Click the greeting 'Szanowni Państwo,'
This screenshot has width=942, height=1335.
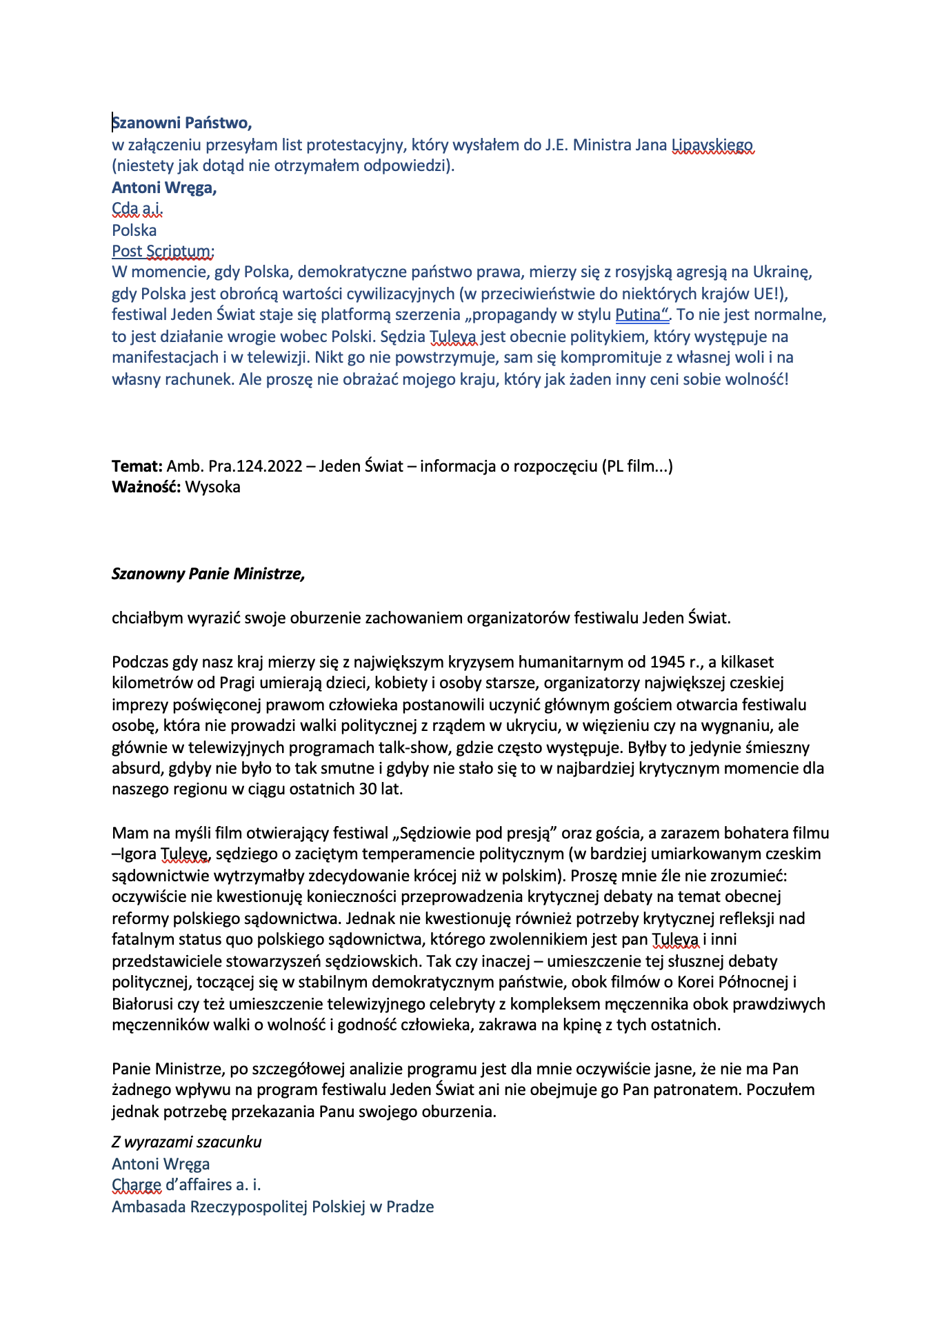coord(182,123)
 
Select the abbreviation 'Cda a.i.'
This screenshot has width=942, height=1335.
coord(137,208)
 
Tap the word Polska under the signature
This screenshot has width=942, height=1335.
coord(134,230)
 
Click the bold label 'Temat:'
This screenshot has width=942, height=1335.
coord(137,466)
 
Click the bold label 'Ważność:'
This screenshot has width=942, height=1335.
coord(146,488)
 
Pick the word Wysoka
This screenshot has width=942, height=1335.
coord(213,488)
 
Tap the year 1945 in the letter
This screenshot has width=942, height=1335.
coord(666,663)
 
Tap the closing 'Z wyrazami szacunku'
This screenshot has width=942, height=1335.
coord(187,1142)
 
